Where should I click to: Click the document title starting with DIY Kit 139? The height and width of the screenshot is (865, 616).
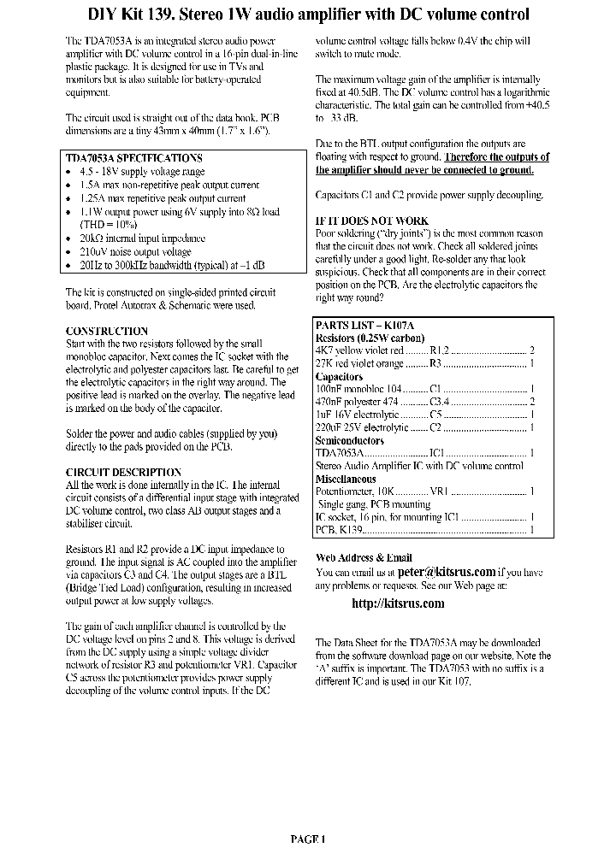pos(309,15)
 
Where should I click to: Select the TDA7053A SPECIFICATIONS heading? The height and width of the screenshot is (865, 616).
pos(133,158)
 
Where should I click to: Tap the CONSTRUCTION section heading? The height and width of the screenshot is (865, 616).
pos(107,331)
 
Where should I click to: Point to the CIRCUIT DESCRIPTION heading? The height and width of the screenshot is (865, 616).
pos(123,472)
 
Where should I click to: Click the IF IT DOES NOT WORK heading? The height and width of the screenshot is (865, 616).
pos(371,221)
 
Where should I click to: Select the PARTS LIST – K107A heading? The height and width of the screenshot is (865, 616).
pos(364,326)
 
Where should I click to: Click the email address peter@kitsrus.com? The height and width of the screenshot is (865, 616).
pos(447,572)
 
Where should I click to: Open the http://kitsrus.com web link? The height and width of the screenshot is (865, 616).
pos(398,603)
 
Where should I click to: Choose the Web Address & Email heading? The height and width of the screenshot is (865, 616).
pos(364,557)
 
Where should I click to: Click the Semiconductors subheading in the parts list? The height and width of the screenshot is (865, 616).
pos(350,440)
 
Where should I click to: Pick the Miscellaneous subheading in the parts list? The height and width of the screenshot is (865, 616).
pos(346,480)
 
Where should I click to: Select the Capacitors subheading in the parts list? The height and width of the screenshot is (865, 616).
pos(339,376)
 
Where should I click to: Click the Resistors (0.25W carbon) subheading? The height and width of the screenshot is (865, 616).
pos(370,338)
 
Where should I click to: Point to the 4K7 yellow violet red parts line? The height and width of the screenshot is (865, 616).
pos(424,350)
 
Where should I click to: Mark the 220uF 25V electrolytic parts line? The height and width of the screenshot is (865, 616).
pos(424,427)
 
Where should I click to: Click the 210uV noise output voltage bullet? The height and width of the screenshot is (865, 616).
pos(135,252)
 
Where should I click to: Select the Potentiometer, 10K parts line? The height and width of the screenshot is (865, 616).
pos(424,491)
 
